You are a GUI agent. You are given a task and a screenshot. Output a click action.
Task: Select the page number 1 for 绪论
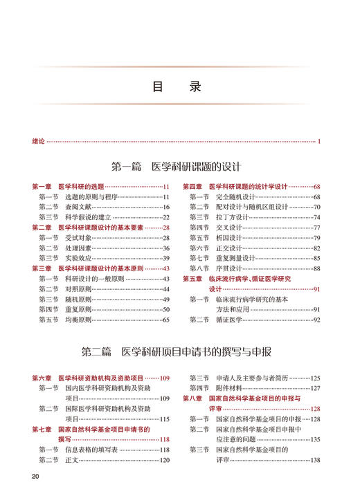(319, 142)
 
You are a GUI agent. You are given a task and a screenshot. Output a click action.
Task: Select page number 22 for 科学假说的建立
(166, 217)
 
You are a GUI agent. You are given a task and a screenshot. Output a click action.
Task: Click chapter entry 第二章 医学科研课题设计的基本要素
(91, 228)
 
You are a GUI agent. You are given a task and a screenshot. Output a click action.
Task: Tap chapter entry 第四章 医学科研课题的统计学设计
(235, 187)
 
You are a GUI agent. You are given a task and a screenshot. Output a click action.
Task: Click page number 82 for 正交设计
(316, 248)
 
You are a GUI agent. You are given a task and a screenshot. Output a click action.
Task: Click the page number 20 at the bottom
(36, 477)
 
